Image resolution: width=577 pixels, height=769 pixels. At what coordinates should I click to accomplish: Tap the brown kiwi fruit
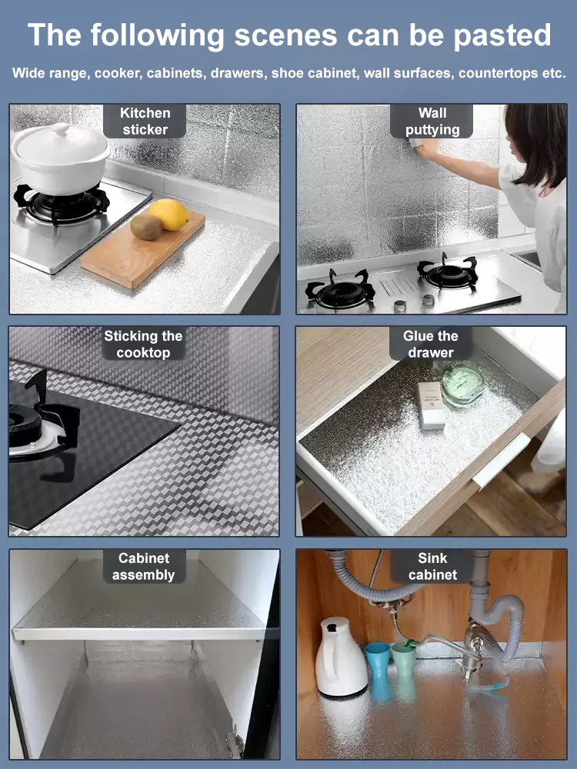pyautogui.click(x=146, y=227)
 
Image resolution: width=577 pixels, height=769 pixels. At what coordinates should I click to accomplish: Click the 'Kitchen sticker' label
pyautogui.click(x=145, y=122)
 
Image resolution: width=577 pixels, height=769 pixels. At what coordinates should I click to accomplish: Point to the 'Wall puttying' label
pyautogui.click(x=432, y=122)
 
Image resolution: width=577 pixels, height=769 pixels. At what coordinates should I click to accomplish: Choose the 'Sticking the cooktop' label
pyautogui.click(x=144, y=345)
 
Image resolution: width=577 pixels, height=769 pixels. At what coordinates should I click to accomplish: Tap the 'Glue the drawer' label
pyautogui.click(x=431, y=345)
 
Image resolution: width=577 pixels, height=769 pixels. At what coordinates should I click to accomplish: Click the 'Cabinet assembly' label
pyautogui.click(x=144, y=567)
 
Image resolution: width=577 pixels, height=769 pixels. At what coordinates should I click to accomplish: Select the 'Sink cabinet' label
pyautogui.click(x=432, y=567)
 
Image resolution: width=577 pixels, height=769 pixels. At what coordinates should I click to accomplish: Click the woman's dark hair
pyautogui.click(x=539, y=142)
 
